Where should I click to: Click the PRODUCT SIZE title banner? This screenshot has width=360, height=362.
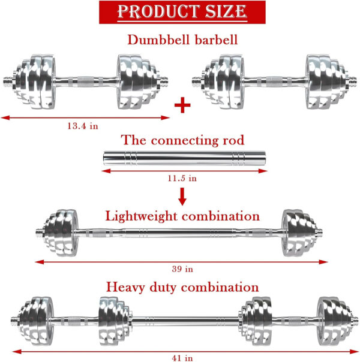pos(182,12)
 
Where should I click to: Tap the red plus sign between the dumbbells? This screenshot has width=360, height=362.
pos(182,105)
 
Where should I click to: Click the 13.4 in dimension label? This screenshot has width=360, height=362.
pos(83,126)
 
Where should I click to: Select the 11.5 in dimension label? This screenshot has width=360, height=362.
pos(182,178)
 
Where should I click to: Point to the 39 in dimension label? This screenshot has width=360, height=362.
pos(182,269)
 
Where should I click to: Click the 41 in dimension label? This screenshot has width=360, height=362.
pos(182,358)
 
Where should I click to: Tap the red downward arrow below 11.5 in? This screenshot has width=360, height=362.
pos(182,197)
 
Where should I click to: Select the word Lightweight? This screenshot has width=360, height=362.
pos(141,216)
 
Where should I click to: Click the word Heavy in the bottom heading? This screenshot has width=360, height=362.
pos(125,288)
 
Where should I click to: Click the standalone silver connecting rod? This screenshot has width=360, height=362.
pos(184,158)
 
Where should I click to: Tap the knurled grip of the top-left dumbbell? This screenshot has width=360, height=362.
pos(86,82)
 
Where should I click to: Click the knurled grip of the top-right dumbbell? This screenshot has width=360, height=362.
pos(274,82)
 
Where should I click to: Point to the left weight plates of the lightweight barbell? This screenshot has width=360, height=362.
pos(61,233)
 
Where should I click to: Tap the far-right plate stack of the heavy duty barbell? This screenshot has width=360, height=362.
pos(334,321)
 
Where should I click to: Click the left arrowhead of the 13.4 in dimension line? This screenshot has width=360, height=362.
pos(5,117)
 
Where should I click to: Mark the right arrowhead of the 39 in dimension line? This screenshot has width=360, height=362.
pos(323,262)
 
